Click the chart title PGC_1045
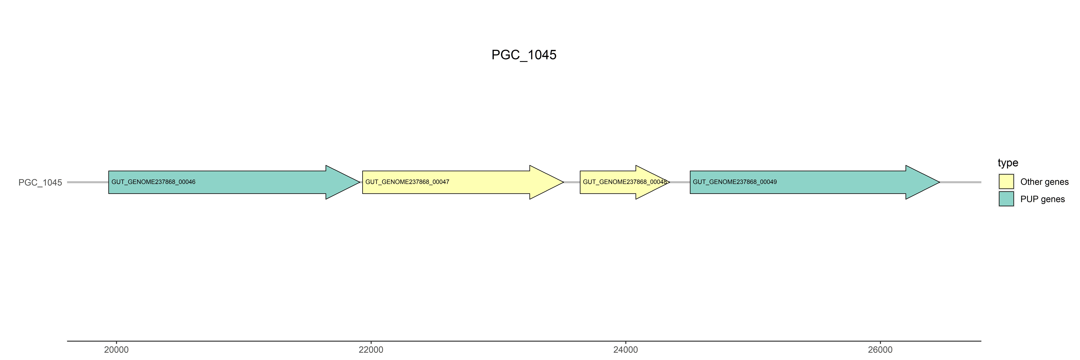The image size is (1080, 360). pyautogui.click(x=524, y=55)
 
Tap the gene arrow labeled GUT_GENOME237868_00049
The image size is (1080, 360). pyautogui.click(x=839, y=182)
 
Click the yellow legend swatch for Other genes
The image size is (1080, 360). pyautogui.click(x=1006, y=181)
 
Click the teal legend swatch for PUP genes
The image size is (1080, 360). pyautogui.click(x=1006, y=199)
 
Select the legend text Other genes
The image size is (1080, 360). pyautogui.click(x=1044, y=182)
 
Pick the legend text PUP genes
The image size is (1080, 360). pyautogui.click(x=1042, y=199)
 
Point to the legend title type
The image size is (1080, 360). pyautogui.click(x=1008, y=163)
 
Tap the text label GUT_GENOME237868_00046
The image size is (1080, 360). pyautogui.click(x=153, y=182)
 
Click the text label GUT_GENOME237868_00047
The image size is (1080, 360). pyautogui.click(x=407, y=182)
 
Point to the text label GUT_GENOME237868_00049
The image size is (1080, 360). pyautogui.click(x=735, y=182)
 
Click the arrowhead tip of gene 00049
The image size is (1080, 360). pyautogui.click(x=938, y=182)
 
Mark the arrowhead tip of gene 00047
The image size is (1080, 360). pyautogui.click(x=562, y=182)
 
